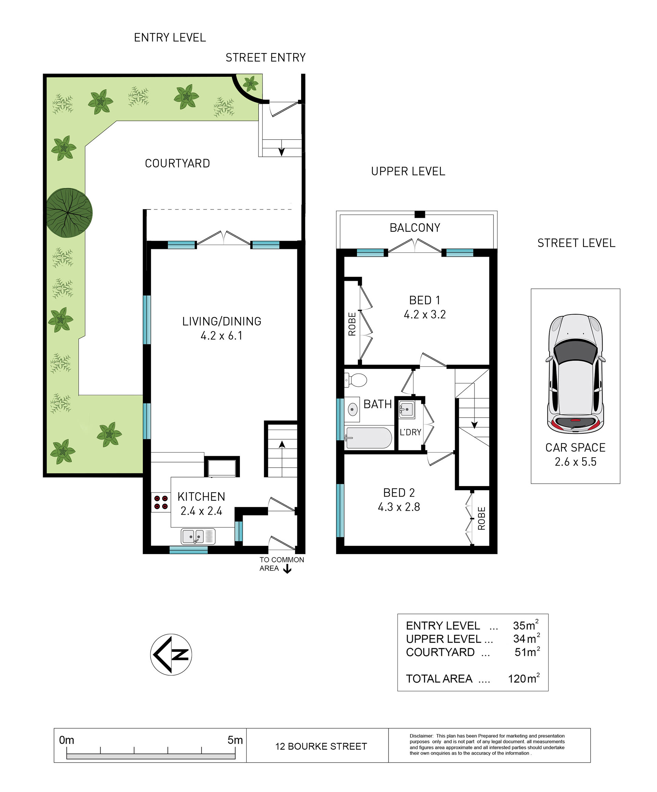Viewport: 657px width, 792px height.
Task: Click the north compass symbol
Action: (x=171, y=654)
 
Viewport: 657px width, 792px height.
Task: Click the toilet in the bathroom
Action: (x=356, y=380)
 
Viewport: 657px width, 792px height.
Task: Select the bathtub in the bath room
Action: (x=369, y=438)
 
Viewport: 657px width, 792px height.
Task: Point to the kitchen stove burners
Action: (x=161, y=502)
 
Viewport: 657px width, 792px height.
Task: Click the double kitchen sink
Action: (x=198, y=536)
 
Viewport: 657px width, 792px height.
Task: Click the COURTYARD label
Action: (x=177, y=163)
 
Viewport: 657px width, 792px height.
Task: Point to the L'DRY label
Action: (x=410, y=432)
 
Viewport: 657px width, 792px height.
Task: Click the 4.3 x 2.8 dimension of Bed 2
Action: (x=399, y=507)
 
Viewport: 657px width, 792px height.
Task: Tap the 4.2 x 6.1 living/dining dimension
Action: (x=221, y=335)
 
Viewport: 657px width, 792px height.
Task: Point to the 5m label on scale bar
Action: (x=235, y=740)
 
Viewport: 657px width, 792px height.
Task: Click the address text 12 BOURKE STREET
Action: (x=321, y=746)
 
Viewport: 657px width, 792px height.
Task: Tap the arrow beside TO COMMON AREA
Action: (x=287, y=569)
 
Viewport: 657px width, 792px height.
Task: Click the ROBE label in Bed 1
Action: (x=352, y=324)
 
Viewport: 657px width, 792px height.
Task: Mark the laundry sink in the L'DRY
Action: (x=407, y=409)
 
